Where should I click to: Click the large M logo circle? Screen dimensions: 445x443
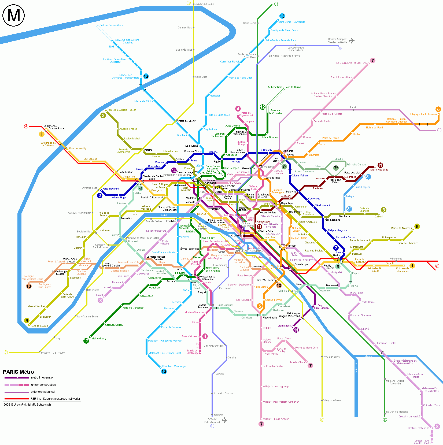point(14,15)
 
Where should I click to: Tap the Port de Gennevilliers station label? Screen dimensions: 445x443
point(111,25)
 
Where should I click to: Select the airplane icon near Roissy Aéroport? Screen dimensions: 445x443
point(352,41)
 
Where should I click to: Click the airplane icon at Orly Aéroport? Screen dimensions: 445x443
point(224,420)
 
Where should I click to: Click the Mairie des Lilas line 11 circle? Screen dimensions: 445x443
point(380,165)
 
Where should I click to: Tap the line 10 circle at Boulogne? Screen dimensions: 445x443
point(29,286)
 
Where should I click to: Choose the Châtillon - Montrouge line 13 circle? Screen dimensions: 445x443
point(164,372)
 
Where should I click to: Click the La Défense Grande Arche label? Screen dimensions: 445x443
point(54,127)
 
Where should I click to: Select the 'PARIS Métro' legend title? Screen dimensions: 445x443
point(19,372)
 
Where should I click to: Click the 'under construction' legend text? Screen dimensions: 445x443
point(43,385)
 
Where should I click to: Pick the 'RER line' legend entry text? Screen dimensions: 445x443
point(55,399)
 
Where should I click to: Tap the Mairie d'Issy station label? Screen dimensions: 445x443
point(99,339)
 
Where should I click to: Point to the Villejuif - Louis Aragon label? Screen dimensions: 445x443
point(276,419)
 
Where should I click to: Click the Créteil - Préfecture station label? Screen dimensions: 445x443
point(418,428)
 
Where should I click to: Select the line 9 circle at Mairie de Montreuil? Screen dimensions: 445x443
point(417,227)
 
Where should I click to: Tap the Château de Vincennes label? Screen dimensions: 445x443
point(403,270)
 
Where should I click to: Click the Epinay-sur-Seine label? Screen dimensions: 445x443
point(204,4)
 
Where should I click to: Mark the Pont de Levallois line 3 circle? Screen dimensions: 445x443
point(103,116)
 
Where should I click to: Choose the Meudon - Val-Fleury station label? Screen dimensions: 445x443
point(53,353)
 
